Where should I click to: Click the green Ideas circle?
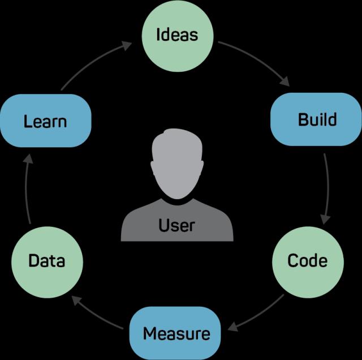click(177, 35)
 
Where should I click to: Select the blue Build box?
click(316, 119)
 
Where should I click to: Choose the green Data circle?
click(47, 261)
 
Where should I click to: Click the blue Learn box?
click(46, 121)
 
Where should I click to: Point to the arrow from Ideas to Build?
click(255, 61)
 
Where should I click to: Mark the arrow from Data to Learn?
click(27, 190)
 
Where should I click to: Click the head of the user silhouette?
click(177, 161)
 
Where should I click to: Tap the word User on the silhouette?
click(177, 225)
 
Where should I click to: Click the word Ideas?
click(177, 35)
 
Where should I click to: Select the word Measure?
click(176, 333)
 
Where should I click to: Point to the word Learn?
click(45, 121)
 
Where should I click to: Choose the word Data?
click(47, 261)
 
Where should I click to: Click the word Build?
click(317, 119)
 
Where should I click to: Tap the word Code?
click(307, 260)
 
